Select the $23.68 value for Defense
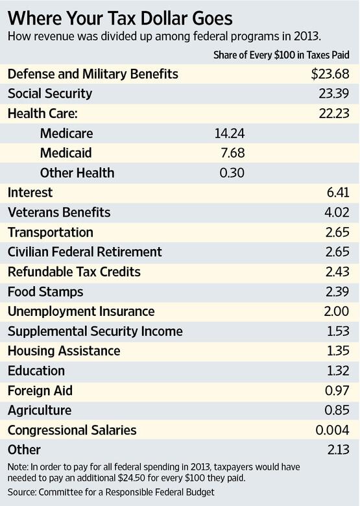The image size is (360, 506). pyautogui.click(x=331, y=75)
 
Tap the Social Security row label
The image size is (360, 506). pyautogui.click(x=50, y=94)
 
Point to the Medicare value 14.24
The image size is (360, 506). pyautogui.click(x=229, y=134)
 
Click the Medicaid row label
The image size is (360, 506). pyautogui.click(x=67, y=153)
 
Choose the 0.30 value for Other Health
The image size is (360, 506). pyautogui.click(x=231, y=173)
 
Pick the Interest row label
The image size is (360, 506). pyautogui.click(x=30, y=193)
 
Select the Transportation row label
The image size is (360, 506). pyautogui.click(x=51, y=232)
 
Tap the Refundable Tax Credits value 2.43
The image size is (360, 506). pyautogui.click(x=337, y=272)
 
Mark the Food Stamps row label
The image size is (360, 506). pyautogui.click(x=45, y=292)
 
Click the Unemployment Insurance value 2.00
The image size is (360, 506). pyautogui.click(x=337, y=311)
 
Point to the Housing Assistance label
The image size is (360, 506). pyautogui.click(x=64, y=351)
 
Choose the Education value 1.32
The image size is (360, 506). pyautogui.click(x=338, y=371)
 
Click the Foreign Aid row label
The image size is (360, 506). pyautogui.click(x=40, y=391)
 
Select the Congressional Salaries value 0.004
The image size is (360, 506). pyautogui.click(x=333, y=430)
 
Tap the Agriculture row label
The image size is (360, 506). pyautogui.click(x=40, y=411)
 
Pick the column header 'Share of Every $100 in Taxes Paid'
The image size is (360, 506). pyautogui.click(x=282, y=54)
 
